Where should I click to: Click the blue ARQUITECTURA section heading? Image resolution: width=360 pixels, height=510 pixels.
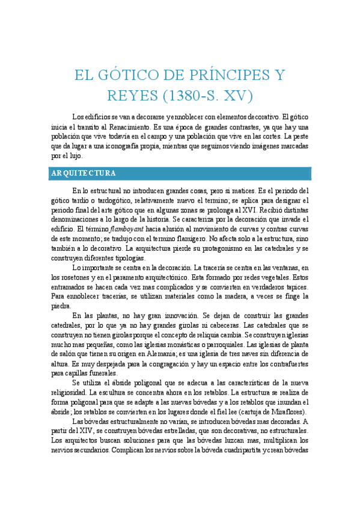(x=84, y=173)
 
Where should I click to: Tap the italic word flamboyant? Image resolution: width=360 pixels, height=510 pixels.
(x=126, y=229)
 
